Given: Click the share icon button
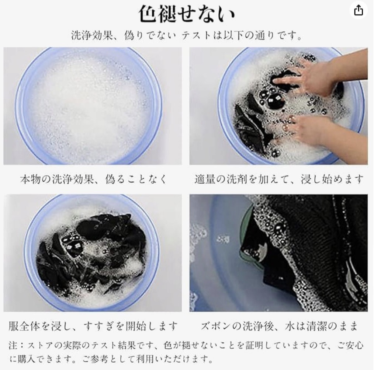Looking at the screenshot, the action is [358, 10].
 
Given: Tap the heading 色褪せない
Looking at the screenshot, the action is [187, 14].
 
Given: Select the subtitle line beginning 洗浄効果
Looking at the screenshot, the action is [187, 36].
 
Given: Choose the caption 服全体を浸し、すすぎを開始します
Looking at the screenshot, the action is [93, 326].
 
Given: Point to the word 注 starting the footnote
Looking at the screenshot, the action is [14, 345].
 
